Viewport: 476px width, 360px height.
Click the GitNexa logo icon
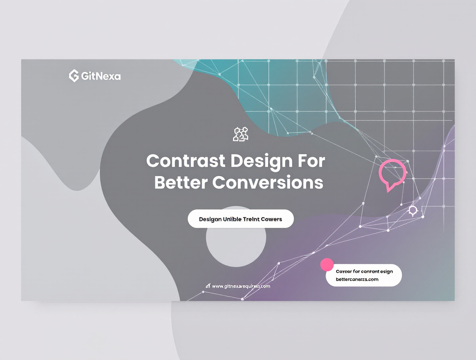(74, 76)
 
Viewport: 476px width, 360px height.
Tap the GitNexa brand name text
(101, 76)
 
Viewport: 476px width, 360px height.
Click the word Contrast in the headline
(186, 161)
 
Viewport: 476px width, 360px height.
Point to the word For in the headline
(311, 161)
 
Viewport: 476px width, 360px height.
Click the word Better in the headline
(181, 183)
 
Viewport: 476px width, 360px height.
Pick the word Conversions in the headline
(268, 183)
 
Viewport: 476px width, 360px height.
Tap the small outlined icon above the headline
(241, 134)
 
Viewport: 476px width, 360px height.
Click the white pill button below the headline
(241, 219)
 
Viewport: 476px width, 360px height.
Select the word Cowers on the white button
(271, 219)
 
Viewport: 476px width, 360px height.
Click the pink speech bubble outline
(392, 174)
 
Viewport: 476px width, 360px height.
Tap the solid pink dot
(327, 265)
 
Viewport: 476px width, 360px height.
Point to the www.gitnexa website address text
(241, 286)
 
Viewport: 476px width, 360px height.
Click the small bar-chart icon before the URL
(208, 286)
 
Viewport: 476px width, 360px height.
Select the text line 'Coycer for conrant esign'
(364, 271)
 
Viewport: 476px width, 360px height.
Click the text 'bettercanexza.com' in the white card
(357, 279)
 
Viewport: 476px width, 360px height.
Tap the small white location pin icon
(413, 211)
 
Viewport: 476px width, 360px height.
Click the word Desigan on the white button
(210, 219)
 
